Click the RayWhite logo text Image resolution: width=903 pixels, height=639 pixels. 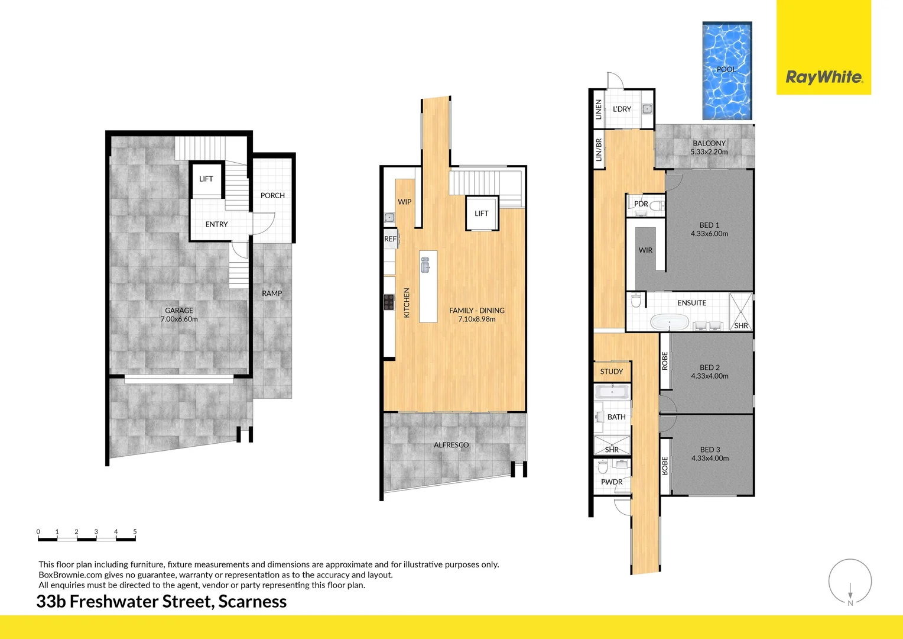point(824,78)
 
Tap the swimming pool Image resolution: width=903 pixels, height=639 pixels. point(726,71)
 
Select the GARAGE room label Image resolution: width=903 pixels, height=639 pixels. point(179,311)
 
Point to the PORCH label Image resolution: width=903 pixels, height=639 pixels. point(272,195)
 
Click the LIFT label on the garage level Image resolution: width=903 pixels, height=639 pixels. point(206,179)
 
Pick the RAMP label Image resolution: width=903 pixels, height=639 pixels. point(272,293)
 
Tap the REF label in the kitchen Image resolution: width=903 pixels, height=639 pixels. point(390,239)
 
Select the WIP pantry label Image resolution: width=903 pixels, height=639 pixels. point(404,202)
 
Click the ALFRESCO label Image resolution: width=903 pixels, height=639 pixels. point(451,445)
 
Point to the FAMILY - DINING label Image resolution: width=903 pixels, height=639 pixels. point(476,311)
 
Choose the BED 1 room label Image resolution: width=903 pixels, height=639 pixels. point(709,225)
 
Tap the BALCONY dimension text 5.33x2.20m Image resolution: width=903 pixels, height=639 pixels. point(709,152)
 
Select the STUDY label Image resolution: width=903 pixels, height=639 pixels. point(611,372)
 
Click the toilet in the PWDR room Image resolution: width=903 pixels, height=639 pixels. point(603,469)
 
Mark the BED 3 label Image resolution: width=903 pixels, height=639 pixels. point(710,450)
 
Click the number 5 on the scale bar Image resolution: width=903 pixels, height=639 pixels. point(135,532)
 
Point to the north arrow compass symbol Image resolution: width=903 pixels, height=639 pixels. point(850,583)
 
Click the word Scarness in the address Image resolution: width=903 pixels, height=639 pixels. point(252,602)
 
